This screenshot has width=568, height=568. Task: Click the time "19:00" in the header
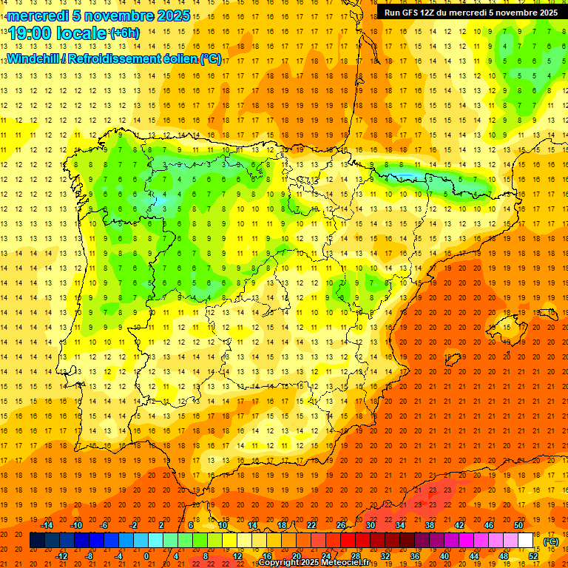pyautogui.click(x=32, y=33)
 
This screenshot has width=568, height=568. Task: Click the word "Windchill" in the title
pyautogui.click(x=36, y=58)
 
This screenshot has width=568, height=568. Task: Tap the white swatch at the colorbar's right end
pyautogui.click(x=525, y=540)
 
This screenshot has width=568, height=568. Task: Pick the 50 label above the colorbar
pyautogui.click(x=518, y=524)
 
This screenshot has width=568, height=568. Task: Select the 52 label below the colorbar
pyautogui.click(x=533, y=555)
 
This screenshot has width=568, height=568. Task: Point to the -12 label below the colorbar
pyautogui.click(x=61, y=555)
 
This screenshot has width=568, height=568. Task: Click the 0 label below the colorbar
pyautogui.click(x=146, y=555)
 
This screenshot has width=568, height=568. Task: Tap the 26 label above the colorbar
pyautogui.click(x=341, y=524)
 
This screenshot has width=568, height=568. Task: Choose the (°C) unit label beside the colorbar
pyautogui.click(x=551, y=541)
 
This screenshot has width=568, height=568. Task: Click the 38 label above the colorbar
pyautogui.click(x=430, y=524)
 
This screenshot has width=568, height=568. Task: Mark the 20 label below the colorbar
pyautogui.click(x=297, y=555)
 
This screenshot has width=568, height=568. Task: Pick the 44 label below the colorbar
pyautogui.click(x=474, y=555)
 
